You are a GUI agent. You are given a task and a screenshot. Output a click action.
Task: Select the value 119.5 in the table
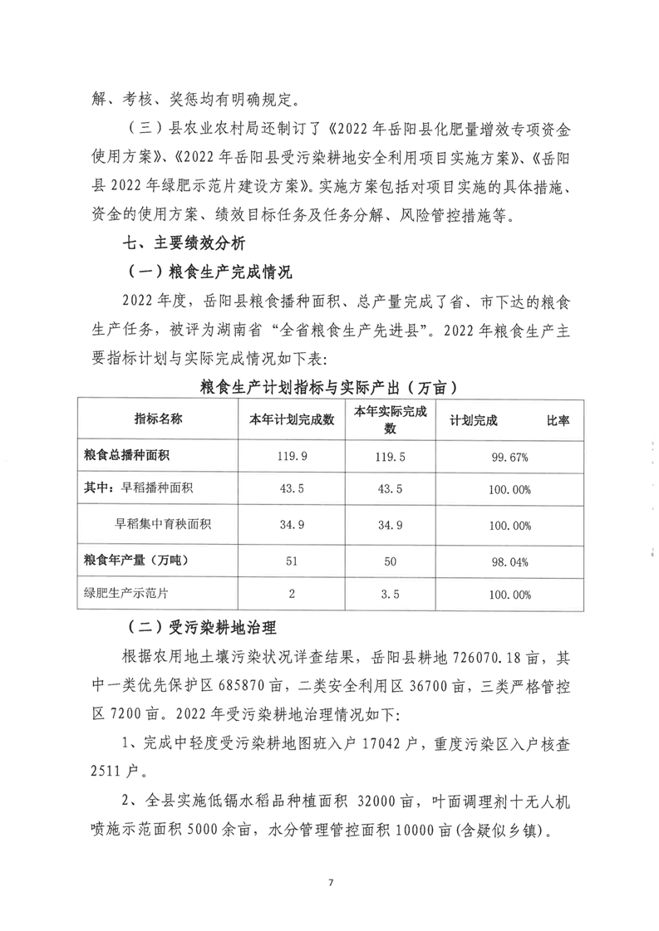click(x=390, y=456)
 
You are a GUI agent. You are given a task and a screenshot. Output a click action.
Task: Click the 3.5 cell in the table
click(x=390, y=595)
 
